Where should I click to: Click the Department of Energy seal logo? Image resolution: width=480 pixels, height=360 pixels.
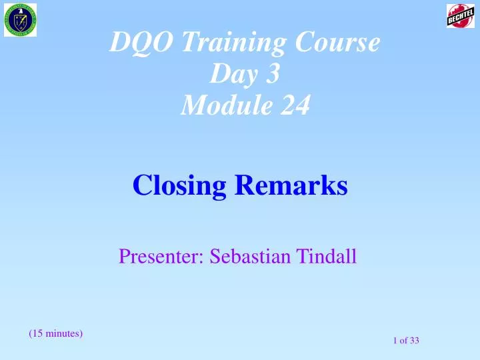[x=23, y=20]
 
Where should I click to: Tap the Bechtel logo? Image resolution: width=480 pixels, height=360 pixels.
[x=460, y=15]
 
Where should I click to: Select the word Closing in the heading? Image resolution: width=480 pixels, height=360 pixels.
[x=179, y=185]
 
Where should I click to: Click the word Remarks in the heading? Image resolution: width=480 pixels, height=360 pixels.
[x=291, y=185]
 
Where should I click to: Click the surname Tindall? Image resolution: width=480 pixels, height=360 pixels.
[x=325, y=256]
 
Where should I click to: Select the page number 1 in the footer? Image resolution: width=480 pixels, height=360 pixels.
[x=396, y=341]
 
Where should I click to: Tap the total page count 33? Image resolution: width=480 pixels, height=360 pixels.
[x=415, y=341]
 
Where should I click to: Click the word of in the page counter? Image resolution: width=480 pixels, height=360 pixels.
[x=404, y=341]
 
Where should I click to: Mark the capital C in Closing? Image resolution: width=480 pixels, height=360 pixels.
[x=141, y=185]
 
